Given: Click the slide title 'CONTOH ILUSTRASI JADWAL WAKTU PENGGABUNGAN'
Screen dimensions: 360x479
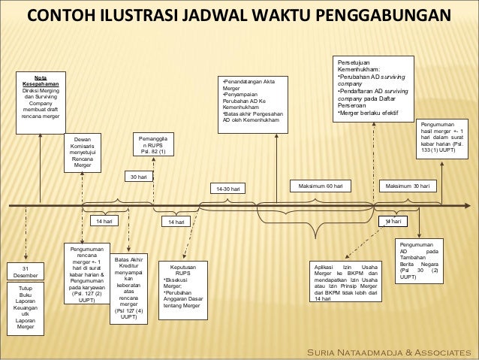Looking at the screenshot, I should point(239,16).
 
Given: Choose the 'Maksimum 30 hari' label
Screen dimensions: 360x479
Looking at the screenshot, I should point(408,185).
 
